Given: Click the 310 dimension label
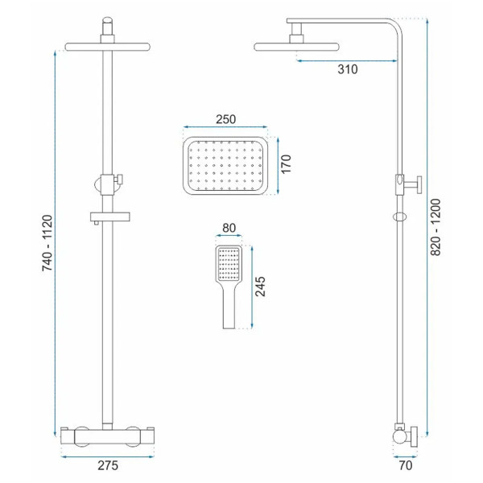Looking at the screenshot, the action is tap(348, 69).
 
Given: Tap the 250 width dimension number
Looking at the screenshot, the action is tap(225, 119).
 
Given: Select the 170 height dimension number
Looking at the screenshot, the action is tap(286, 164).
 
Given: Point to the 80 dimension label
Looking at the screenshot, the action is tap(229, 228).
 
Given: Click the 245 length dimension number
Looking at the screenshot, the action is tap(260, 287).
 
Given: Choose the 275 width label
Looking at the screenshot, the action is tap(108, 465).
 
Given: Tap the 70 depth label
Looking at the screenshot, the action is tap(406, 465).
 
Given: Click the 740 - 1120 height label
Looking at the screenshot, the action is tap(47, 243).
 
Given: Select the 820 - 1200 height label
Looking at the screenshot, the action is tap(436, 227).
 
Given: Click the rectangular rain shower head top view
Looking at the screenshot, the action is tap(225, 166).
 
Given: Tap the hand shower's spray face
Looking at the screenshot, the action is tap(229, 264).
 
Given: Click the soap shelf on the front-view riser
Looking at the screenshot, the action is tap(110, 217).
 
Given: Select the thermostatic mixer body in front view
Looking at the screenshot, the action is tap(108, 437).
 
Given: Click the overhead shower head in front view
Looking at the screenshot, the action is tap(108, 47).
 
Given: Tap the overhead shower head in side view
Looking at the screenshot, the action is tap(296, 47).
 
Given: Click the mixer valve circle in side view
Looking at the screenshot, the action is tap(400, 438).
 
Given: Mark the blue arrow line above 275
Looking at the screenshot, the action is tap(108, 456).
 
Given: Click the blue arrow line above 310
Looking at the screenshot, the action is tap(347, 61).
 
